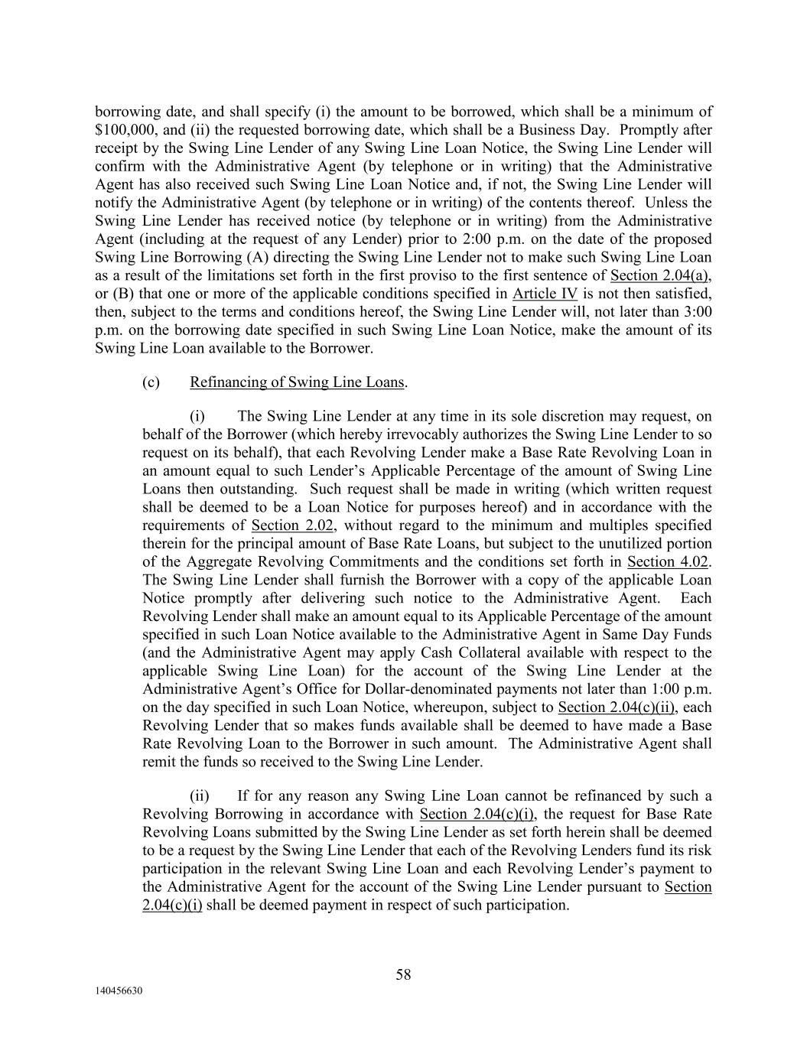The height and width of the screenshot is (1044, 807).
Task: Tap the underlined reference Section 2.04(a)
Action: pos(665,275)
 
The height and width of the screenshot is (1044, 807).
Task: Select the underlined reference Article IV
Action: pos(545,294)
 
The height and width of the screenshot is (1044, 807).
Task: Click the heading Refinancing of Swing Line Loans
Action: pos(297,382)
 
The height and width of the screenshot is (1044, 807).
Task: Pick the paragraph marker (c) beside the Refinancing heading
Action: pos(151,382)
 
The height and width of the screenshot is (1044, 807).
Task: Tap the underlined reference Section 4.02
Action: pos(667,562)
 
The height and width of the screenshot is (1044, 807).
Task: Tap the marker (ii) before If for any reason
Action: pos(200,795)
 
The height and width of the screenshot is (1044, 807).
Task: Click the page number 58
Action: pos(403,974)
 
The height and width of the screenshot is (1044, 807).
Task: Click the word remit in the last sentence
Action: pos(158,762)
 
